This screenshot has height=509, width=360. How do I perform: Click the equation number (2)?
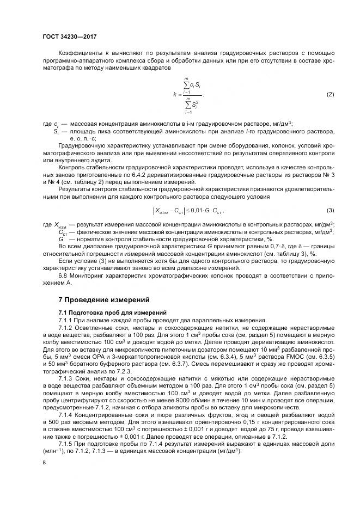coord(330,95)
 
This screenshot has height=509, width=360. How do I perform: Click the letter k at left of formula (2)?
coord(174,95)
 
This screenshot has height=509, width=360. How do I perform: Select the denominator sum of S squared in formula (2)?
coord(188,103)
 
